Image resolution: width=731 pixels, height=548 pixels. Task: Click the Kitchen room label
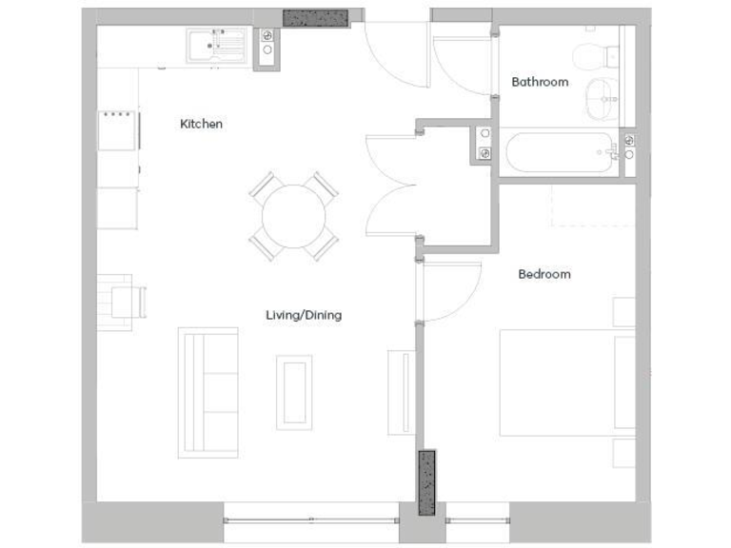pos(201,124)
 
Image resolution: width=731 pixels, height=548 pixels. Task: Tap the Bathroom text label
pos(540,82)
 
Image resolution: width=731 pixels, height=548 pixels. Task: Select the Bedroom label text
pos(543,274)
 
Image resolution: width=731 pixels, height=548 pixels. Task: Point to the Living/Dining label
pos(303,315)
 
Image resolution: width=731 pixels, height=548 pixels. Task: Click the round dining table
pos(293,216)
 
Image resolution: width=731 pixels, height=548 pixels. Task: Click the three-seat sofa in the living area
pos(207,392)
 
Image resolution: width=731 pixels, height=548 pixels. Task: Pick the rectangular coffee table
pos(294,391)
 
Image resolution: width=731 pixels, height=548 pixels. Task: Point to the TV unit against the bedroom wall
pos(402,392)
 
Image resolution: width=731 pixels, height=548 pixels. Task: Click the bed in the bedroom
pos(566,382)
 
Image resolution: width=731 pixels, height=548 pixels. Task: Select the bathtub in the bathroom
pos(559,152)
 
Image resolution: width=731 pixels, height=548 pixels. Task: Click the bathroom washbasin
pos(601,99)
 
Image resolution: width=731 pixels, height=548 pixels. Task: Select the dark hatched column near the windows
pos(426,483)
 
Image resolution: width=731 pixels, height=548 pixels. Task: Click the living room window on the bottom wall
pos(311,520)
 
